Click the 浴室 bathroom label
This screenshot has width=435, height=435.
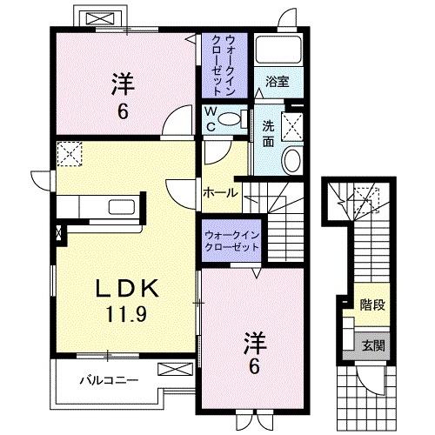tap(278, 84)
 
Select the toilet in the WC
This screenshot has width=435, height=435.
tap(230, 120)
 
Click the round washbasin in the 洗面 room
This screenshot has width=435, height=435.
tap(291, 159)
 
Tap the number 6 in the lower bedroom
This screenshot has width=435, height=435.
tap(254, 366)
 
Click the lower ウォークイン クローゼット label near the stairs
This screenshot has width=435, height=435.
tap(231, 241)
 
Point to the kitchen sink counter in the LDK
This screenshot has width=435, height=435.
tap(96, 208)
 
